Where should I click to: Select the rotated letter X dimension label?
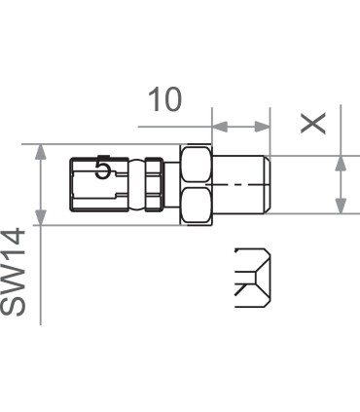point(313,121)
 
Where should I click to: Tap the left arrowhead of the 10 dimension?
point(219,127)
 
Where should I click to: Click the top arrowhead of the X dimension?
point(341,162)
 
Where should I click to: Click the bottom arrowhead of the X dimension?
point(341,206)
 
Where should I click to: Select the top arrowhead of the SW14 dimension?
point(40,152)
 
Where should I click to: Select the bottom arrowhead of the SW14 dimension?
point(40,216)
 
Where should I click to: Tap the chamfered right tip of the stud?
point(267,183)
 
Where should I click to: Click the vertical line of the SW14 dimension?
point(40,184)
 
